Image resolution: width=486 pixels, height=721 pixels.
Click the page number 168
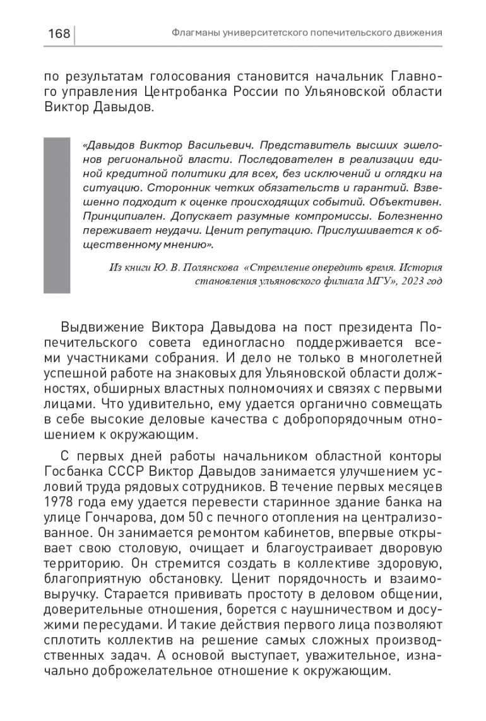click(x=59, y=33)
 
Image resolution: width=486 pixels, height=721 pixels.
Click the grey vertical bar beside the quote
click(x=56, y=215)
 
